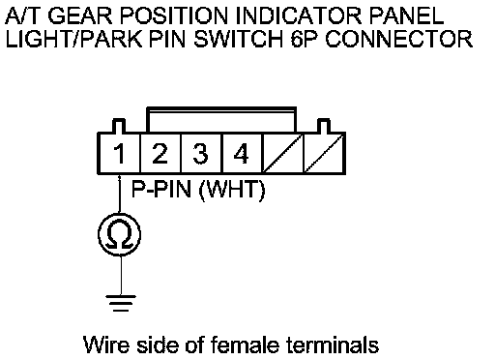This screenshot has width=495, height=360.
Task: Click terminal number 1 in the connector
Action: [119, 154]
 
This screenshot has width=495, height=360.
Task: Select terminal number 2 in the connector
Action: [160, 153]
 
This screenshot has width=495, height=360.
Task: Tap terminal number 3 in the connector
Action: [200, 153]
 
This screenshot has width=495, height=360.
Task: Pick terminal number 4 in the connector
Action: [241, 153]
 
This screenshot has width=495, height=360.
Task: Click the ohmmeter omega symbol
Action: [120, 234]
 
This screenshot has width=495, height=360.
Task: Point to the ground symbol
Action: [121, 303]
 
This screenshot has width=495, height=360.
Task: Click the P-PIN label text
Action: [161, 189]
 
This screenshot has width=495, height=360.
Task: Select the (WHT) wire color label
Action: [232, 190]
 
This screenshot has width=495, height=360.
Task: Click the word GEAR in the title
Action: [80, 15]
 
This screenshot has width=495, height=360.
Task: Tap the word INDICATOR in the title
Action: [299, 15]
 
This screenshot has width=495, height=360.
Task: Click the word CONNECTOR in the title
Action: [399, 40]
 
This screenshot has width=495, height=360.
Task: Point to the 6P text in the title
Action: [305, 40]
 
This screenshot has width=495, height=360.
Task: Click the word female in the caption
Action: [245, 345]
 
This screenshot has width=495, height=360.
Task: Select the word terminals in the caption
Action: [333, 345]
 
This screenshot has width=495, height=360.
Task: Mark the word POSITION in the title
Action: [174, 15]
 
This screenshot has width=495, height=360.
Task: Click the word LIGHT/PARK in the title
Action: [73, 40]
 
